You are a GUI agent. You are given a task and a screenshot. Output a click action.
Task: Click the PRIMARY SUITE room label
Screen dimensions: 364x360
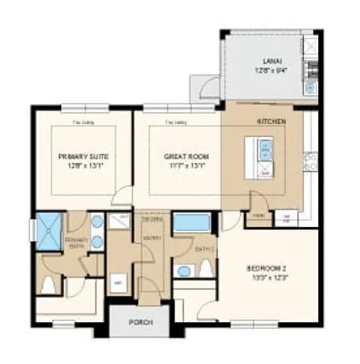click(x=83, y=156)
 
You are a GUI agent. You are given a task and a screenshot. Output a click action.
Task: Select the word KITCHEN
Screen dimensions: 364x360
click(x=272, y=122)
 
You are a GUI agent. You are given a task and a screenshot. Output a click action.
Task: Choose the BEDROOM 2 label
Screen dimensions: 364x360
click(x=267, y=268)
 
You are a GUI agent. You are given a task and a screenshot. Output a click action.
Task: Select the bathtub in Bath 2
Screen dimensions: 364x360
click(x=191, y=223)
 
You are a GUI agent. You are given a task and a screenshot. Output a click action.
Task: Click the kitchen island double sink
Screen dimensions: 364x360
click(x=264, y=150)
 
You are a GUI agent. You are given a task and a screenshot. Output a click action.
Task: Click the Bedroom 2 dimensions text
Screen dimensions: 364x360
click(x=267, y=278)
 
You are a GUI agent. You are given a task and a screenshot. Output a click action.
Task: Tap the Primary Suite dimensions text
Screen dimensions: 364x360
click(x=83, y=166)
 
